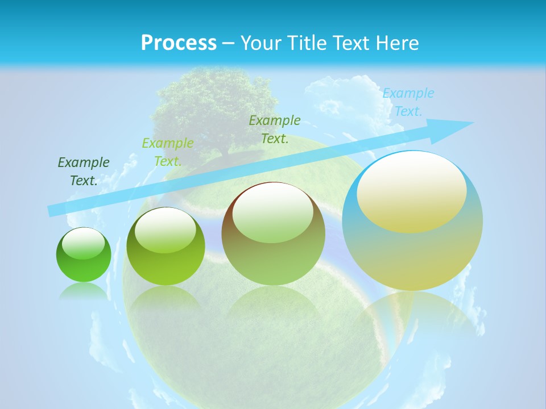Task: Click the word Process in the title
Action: tap(179, 43)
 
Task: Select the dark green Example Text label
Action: tap(84, 172)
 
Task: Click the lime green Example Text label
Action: tap(168, 152)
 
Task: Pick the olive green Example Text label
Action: tap(275, 130)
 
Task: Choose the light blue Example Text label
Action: tap(408, 102)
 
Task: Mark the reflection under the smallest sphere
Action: tap(84, 291)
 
